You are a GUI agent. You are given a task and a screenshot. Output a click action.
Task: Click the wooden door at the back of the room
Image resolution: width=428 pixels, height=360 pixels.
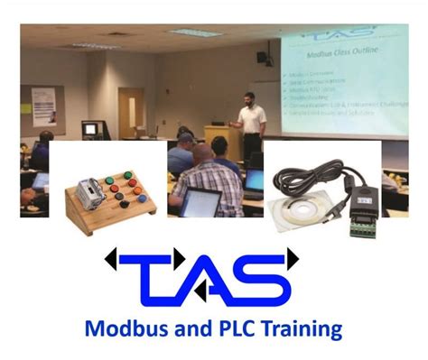pos(131,113)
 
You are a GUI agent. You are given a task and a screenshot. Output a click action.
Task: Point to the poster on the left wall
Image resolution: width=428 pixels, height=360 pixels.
pos(42,106)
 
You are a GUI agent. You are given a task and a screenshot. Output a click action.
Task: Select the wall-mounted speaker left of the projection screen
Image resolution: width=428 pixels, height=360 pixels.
pos(261,57)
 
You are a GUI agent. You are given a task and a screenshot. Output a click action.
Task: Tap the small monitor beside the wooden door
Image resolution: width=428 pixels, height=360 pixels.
pos(89,128)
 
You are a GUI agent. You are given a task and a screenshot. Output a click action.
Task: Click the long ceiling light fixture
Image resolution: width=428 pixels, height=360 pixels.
pos(194,32)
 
